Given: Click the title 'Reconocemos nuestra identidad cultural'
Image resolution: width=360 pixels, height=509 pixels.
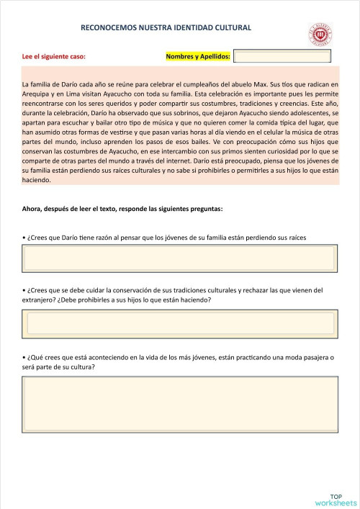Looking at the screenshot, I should pyautogui.click(x=166, y=27).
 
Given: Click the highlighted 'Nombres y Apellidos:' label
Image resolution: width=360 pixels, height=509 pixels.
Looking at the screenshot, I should pyautogui.click(x=198, y=56).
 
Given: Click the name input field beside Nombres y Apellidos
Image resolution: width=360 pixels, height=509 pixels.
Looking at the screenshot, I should pyautogui.click(x=282, y=56).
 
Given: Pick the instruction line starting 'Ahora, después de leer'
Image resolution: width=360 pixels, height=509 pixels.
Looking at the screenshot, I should pyautogui.click(x=122, y=209).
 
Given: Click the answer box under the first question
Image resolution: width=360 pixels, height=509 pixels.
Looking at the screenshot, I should pyautogui.click(x=180, y=258).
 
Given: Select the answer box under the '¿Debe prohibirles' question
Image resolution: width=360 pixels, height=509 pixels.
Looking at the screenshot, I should pyautogui.click(x=180, y=323).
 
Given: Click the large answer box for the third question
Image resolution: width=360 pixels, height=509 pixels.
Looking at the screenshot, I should pyautogui.click(x=180, y=403).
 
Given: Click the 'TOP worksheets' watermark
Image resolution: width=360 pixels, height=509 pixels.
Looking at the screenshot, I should pyautogui.click(x=336, y=500).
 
